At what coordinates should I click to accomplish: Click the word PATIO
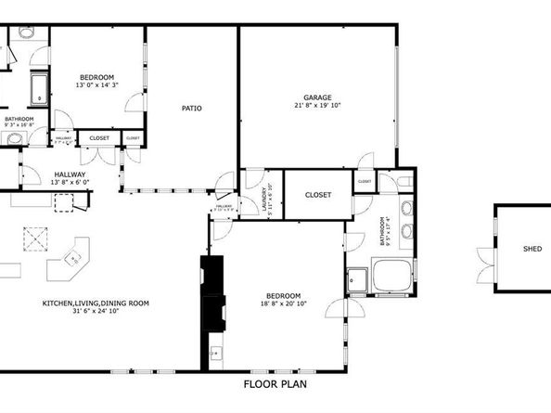coord(191,109)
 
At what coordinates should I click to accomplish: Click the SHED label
coord(532,249)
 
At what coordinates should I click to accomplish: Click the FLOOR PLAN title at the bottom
coord(275,383)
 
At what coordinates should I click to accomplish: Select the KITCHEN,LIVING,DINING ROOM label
coord(96,303)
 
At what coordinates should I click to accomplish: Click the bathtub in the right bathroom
coord(393,277)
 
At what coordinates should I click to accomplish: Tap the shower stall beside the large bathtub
coord(357,277)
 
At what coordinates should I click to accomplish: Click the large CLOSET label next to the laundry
coord(318,195)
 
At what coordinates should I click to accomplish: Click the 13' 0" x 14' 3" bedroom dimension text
coord(96,85)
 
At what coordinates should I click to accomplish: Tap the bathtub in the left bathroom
coord(39,91)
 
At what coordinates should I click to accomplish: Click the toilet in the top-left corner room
coord(26,32)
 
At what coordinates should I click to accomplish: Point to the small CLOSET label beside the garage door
coord(364,181)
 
